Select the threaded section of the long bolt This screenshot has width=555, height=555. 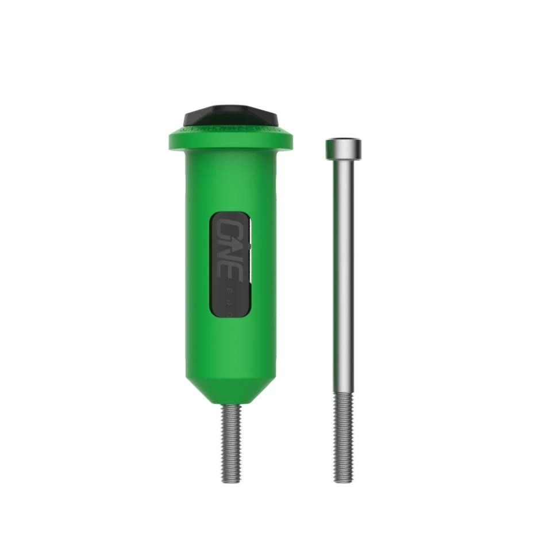343,437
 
